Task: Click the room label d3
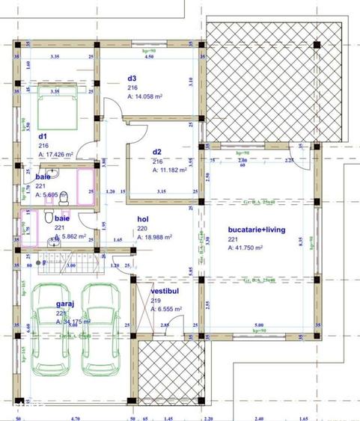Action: (132, 78)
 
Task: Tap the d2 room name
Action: (158, 152)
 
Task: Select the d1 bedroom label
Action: (43, 136)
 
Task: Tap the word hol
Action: (142, 220)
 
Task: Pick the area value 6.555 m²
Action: (166, 308)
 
